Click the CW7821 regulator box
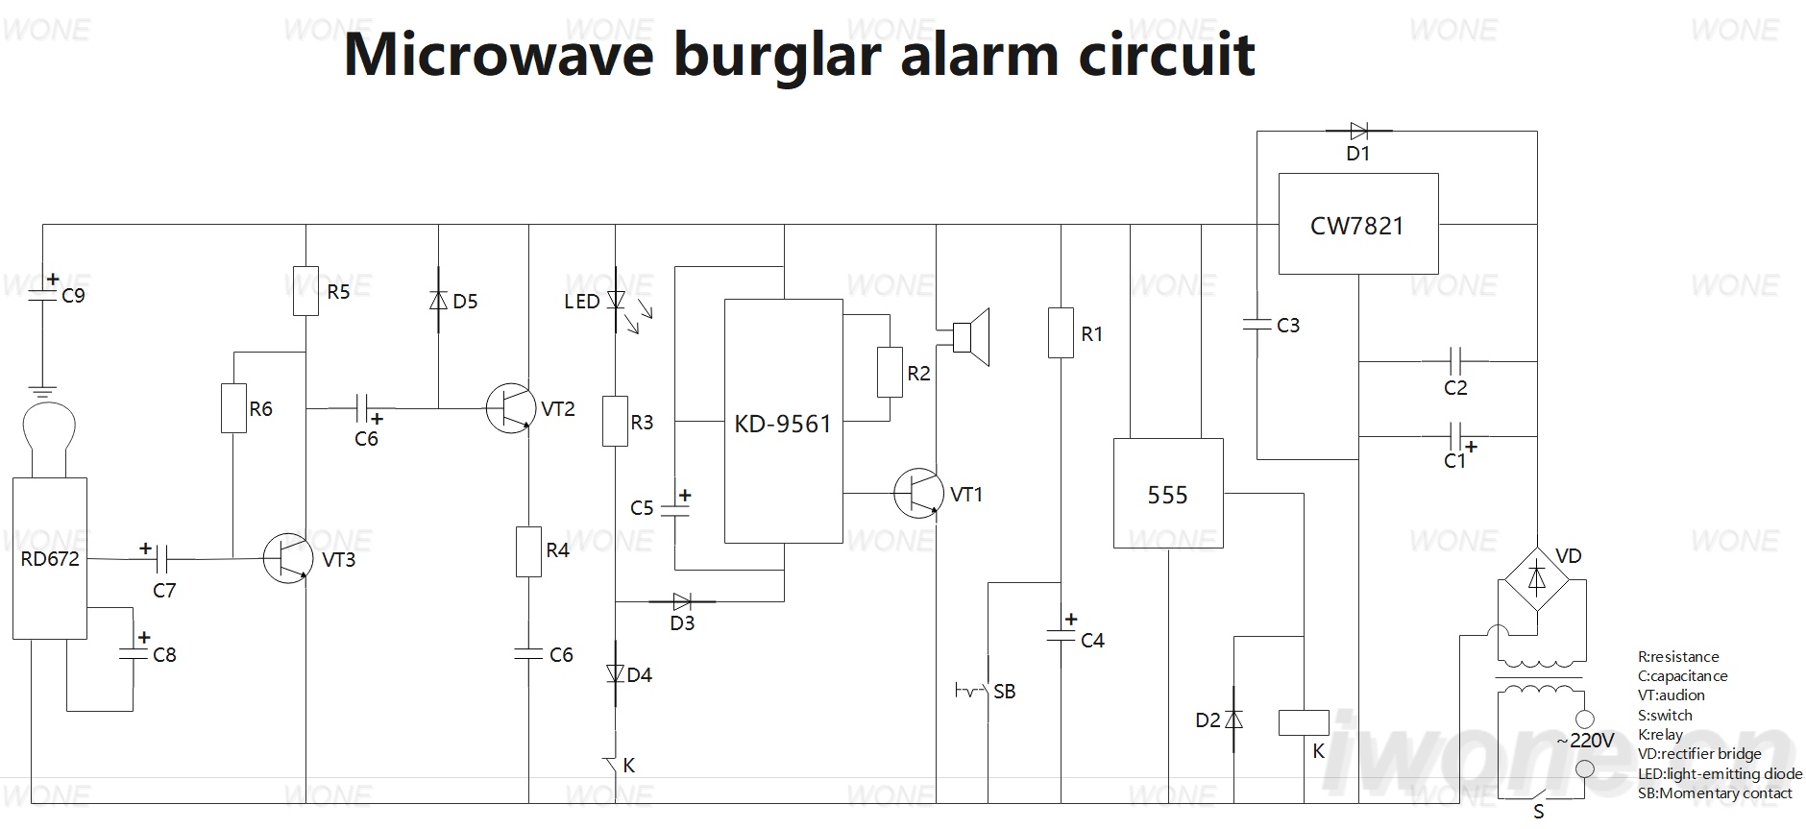coord(1357,224)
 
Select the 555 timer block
coord(1168,494)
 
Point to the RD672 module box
coord(50,558)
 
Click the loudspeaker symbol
coord(970,337)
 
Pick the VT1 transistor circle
coord(918,493)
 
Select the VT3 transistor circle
coord(288,558)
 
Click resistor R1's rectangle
coord(1061,332)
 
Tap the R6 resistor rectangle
coord(233,408)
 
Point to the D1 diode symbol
coord(1358,131)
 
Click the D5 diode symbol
coord(439,300)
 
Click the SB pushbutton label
coord(1005,692)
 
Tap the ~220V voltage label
coord(1586,741)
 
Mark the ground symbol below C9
coord(41,391)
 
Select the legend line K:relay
coord(1660,735)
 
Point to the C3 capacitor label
coord(1288,326)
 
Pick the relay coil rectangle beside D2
coord(1304,722)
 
